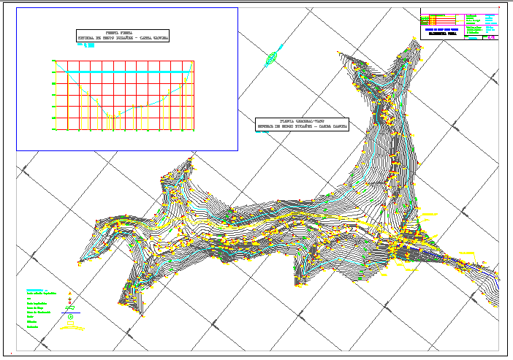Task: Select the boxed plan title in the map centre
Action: pyautogui.click(x=301, y=123)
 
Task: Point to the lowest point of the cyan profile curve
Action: pyautogui.click(x=113, y=115)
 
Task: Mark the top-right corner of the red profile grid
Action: pyautogui.click(x=193, y=61)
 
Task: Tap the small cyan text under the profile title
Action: pyautogui.click(x=87, y=45)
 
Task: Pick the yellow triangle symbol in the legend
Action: pyautogui.click(x=70, y=294)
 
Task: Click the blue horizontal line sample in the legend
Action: pyautogui.click(x=71, y=312)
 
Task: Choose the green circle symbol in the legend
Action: pyautogui.click(x=71, y=318)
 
